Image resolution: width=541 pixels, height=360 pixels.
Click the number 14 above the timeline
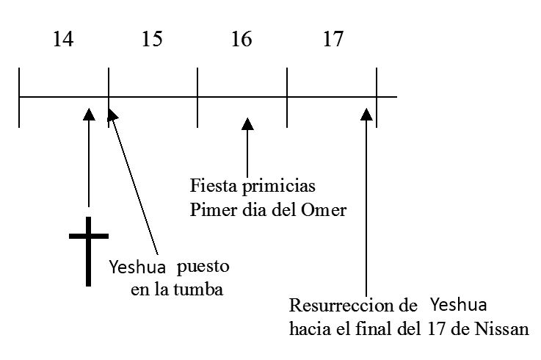click(x=63, y=40)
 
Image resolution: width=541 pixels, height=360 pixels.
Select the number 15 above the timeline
click(x=152, y=40)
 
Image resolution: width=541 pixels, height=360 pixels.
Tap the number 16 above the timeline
click(x=242, y=40)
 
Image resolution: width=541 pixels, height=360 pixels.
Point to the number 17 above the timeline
click(x=333, y=40)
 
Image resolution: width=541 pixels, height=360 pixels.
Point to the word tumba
click(x=200, y=289)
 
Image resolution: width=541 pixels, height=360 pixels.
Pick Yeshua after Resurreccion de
click(x=459, y=303)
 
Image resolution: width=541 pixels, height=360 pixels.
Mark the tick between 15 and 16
click(x=197, y=97)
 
